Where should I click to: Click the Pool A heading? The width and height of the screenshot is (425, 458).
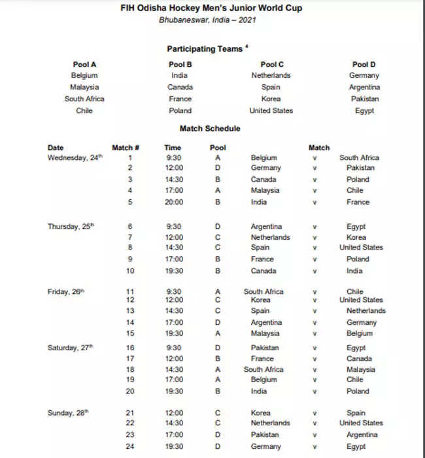coord(84,64)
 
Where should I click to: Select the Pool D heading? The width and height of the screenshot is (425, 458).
coord(364,64)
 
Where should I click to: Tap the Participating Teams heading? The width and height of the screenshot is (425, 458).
coord(205,49)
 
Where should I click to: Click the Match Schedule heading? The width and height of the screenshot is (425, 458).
coord(209,129)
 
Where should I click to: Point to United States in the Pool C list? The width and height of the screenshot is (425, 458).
coord(271,110)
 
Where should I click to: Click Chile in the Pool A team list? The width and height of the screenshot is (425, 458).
coord(84,110)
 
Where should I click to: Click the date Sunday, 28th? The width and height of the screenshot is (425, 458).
coord(69,413)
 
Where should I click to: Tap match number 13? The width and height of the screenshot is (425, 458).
coord(130,311)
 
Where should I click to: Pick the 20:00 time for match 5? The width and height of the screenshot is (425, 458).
coord(173,202)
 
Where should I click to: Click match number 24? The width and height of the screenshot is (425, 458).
coord(130,447)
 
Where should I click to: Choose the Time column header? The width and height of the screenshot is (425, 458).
coord(173,148)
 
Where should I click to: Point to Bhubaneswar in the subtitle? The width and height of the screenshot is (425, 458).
coord(182,20)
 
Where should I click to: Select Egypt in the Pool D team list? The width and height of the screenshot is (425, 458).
coord(364,110)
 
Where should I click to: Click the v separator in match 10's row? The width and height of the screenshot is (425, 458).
coord(314,270)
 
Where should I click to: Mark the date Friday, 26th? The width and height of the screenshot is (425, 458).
coord(66,291)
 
